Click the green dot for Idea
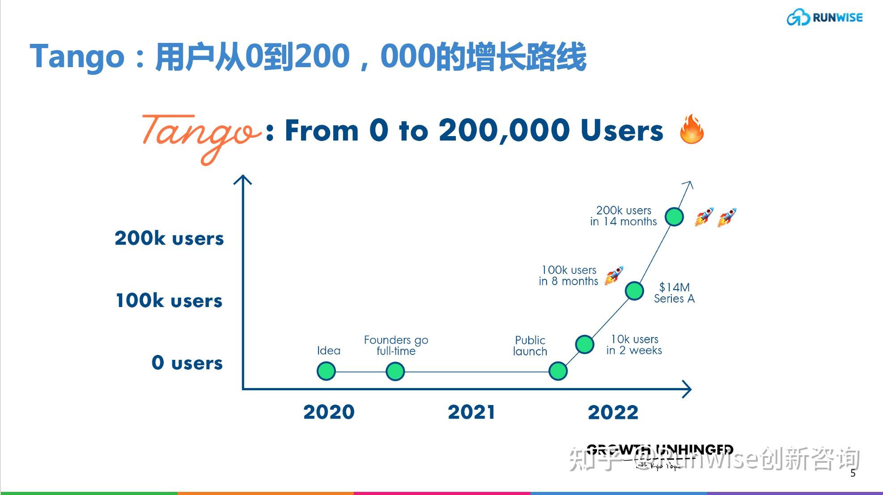tap(326, 371)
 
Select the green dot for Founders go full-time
tap(395, 371)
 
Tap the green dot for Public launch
tap(558, 371)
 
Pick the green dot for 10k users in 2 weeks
tap(585, 344)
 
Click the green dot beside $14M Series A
tap(634, 291)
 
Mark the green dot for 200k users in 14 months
tap(674, 217)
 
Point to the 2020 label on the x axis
tap(329, 412)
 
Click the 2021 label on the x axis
tap(471, 412)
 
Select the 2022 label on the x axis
tap(613, 412)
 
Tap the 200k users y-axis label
tap(169, 238)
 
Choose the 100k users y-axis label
tap(169, 300)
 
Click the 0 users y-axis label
tap(187, 363)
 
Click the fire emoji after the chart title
tap(692, 129)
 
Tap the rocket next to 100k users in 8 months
tap(614, 275)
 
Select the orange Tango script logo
tap(201, 134)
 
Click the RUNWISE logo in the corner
tap(824, 17)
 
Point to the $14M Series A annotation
tap(674, 293)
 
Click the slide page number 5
tap(853, 473)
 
